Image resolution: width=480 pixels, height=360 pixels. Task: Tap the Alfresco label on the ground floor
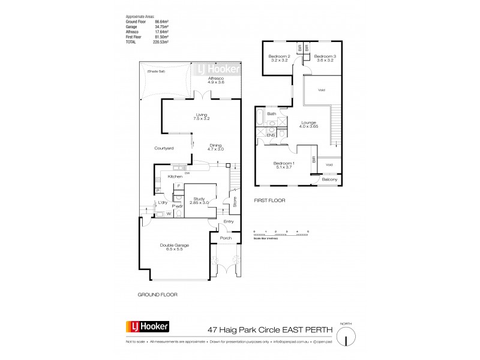(x=216, y=81)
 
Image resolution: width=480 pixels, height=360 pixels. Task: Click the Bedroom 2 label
(x=278, y=58)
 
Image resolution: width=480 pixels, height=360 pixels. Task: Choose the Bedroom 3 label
(x=325, y=58)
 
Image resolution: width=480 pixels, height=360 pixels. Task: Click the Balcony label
(x=329, y=179)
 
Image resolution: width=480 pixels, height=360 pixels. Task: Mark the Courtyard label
(x=164, y=148)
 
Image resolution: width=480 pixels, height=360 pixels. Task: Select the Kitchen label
(x=175, y=176)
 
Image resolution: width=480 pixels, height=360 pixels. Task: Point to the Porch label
(x=226, y=238)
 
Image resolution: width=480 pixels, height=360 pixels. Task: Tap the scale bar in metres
(x=281, y=235)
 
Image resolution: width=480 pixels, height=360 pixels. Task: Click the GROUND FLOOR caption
(x=157, y=295)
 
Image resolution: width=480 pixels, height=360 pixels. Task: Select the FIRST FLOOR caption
(x=269, y=200)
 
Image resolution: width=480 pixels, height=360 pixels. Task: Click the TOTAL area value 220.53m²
(x=160, y=42)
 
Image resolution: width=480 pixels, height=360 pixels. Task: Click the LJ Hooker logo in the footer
(x=148, y=327)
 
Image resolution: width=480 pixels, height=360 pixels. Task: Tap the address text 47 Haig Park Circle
(x=243, y=328)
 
